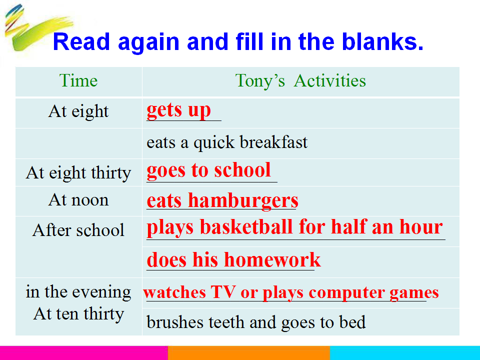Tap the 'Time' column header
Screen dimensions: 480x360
pos(78,81)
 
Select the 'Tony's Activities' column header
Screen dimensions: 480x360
pos(300,81)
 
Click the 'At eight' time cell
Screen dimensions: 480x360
pos(78,111)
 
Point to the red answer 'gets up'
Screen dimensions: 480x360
pos(179,110)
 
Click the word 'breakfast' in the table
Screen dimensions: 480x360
pos(273,142)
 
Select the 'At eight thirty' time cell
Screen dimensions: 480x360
pos(78,173)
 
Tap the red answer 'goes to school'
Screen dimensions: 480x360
pos(209,170)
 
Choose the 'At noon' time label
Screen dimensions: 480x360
pos(78,200)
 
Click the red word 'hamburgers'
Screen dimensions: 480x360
pos(243,201)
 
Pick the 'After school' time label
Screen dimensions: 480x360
pos(78,230)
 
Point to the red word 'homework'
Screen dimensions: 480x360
pos(272,260)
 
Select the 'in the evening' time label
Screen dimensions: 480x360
pos(78,292)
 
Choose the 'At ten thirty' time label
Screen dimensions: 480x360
pos(78,314)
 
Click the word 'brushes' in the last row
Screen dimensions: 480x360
pos(175,322)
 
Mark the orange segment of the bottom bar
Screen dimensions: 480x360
pos(249,353)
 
